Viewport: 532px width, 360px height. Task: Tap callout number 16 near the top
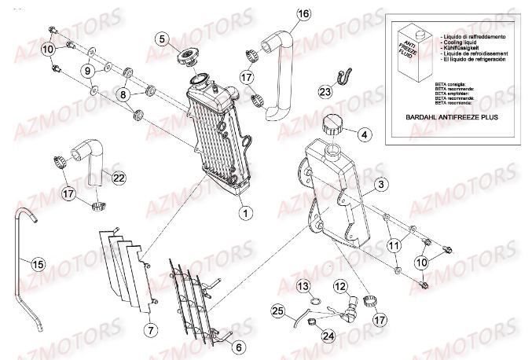pyautogui.click(x=304, y=14)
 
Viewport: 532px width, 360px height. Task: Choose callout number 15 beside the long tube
pyautogui.click(x=37, y=264)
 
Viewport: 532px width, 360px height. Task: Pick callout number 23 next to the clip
pyautogui.click(x=325, y=91)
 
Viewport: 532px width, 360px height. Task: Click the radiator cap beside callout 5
pyautogui.click(x=189, y=58)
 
